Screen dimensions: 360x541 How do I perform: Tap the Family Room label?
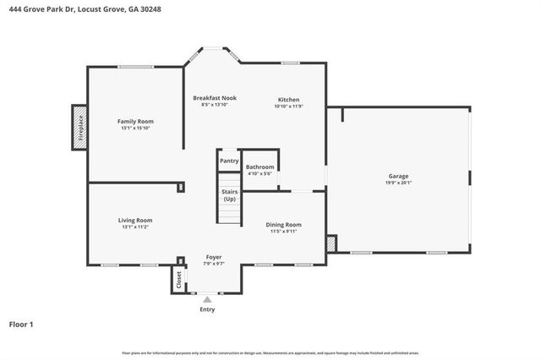coord(135,122)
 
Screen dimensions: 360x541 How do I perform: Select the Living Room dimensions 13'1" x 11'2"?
coord(135,226)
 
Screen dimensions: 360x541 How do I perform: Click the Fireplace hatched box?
coord(79,128)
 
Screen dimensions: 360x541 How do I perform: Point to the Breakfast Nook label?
coord(214,98)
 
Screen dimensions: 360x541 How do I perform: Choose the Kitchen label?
coord(289,99)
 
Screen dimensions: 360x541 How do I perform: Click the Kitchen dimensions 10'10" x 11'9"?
coord(289,106)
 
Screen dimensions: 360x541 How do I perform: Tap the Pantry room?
coord(229,161)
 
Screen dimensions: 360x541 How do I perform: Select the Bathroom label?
coord(260,167)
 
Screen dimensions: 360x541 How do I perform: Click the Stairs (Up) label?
coord(229,195)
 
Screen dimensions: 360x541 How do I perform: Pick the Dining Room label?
coord(283,224)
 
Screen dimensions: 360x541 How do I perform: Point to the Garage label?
coord(397,177)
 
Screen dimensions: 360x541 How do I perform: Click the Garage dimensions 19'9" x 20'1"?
coord(397,183)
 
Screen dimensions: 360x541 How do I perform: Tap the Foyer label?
coord(214,257)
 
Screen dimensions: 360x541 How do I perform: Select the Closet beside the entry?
coord(179,279)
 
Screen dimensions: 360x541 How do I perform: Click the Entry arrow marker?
coord(207,298)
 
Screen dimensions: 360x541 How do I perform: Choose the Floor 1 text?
coord(22,324)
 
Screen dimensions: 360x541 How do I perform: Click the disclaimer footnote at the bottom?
coord(270,353)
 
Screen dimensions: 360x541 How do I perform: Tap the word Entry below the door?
coord(207,309)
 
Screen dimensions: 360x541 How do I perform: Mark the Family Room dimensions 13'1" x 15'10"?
coord(135,128)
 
